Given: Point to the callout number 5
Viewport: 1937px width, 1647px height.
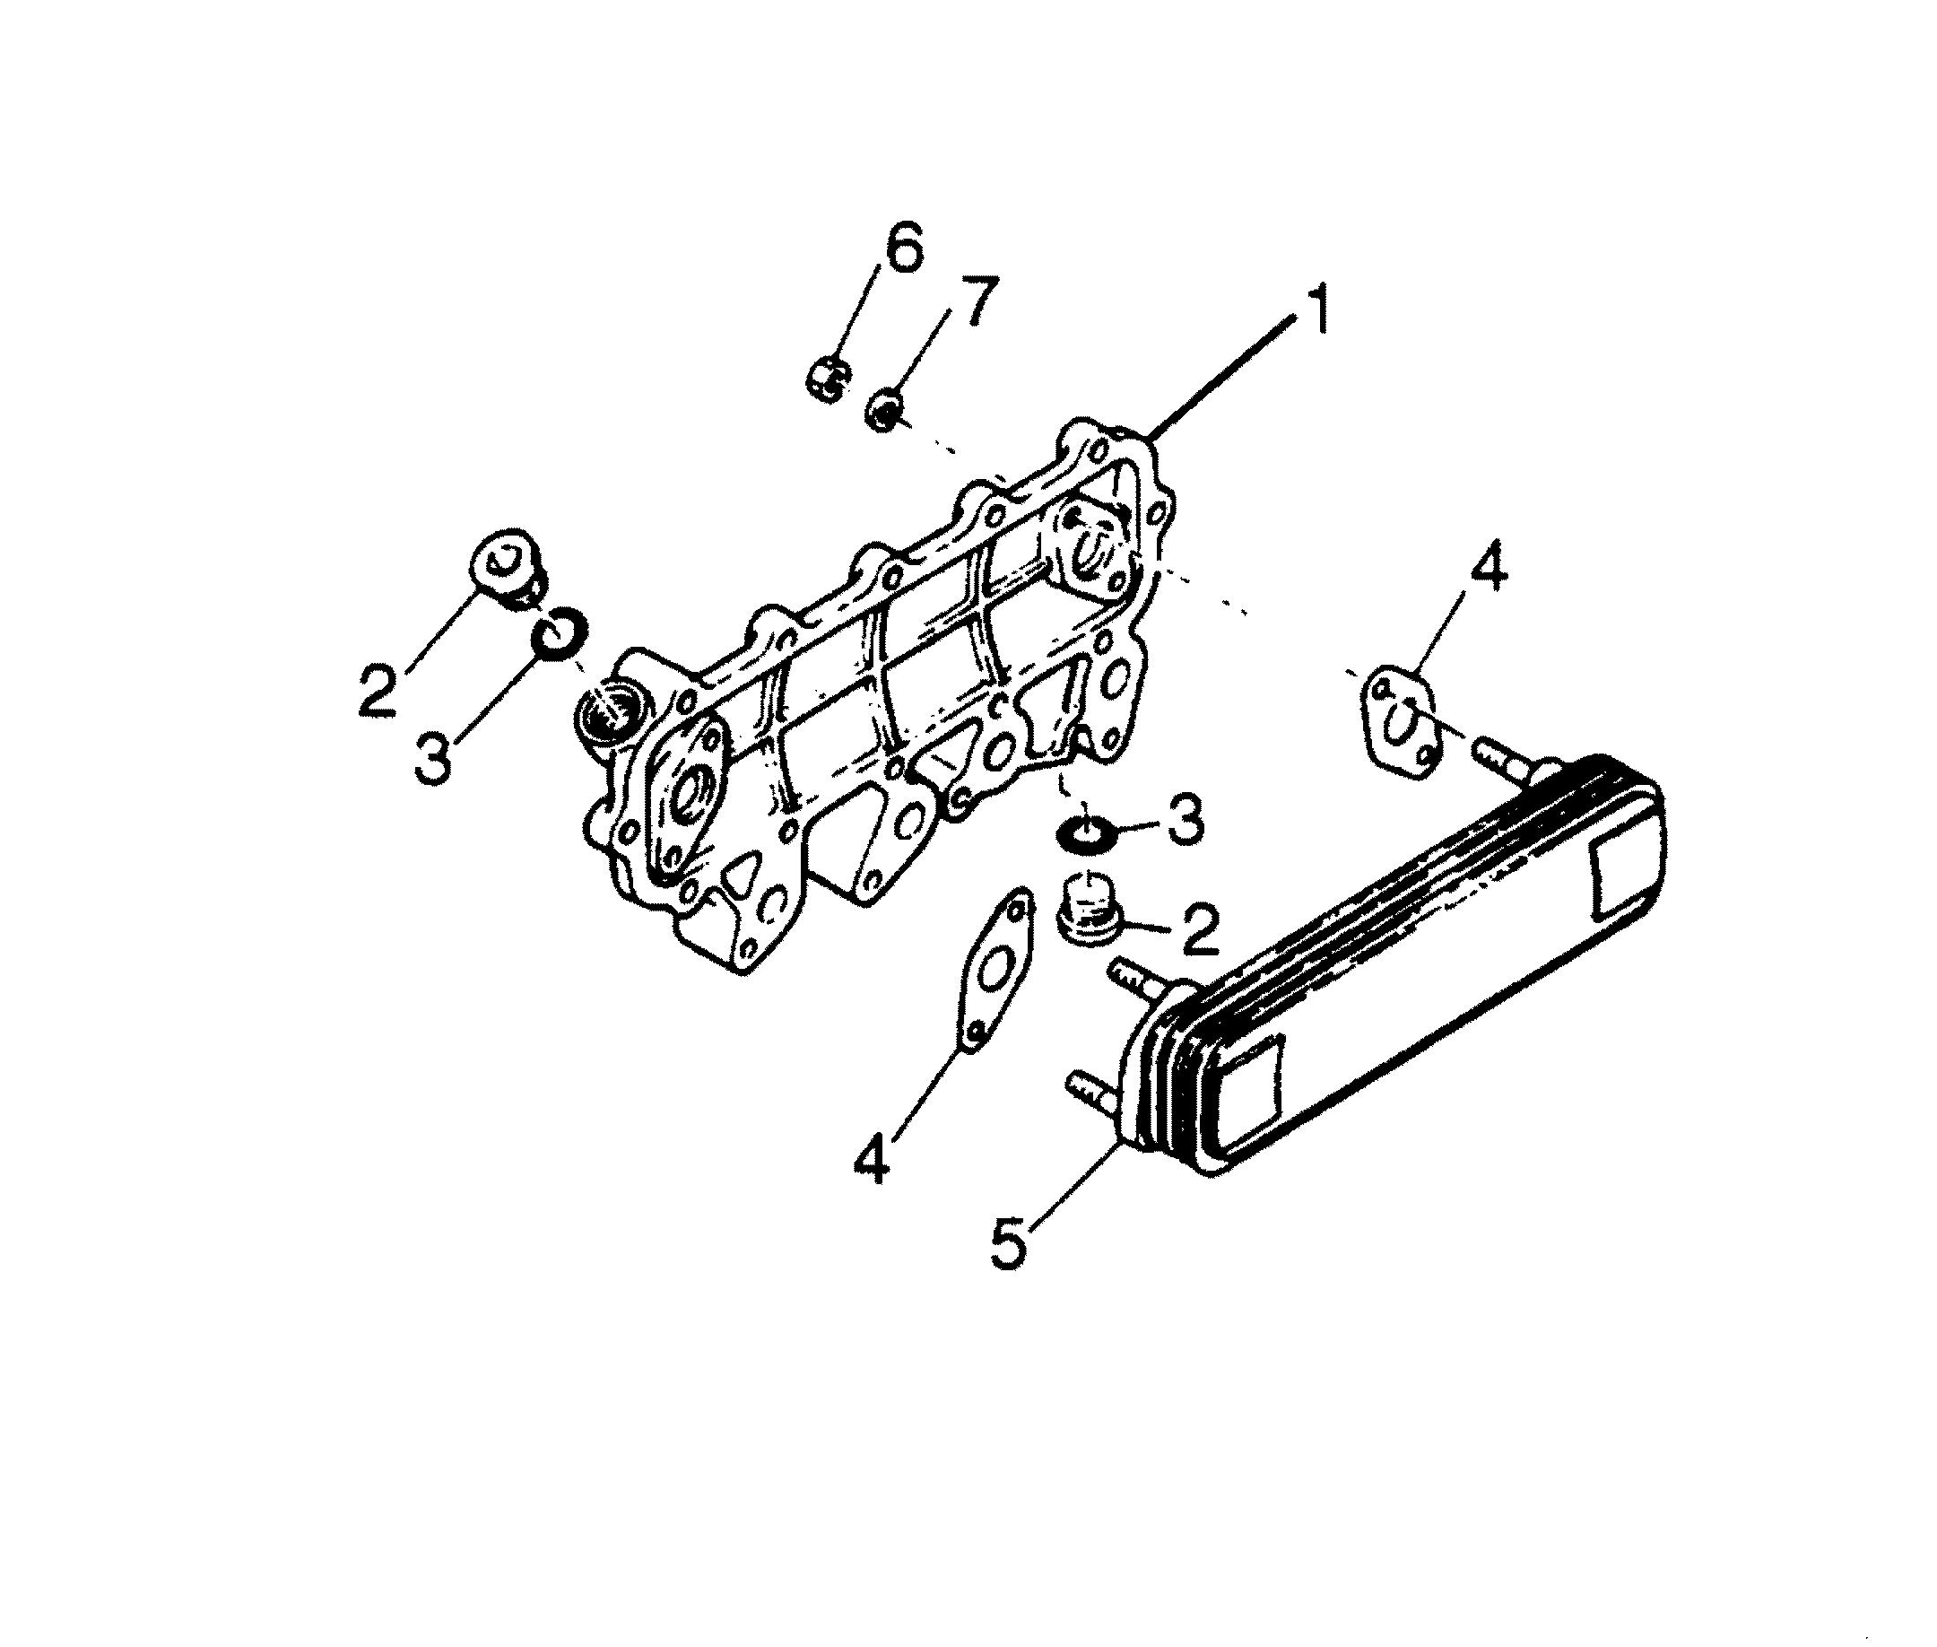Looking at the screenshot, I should click(1009, 1238).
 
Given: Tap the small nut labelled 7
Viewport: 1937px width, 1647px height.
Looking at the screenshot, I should click(884, 411).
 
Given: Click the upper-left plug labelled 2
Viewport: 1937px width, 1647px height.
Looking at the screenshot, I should click(507, 569).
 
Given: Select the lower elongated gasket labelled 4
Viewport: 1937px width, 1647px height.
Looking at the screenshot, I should click(996, 971).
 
